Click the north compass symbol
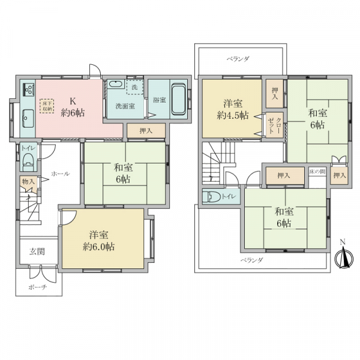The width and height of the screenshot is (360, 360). coord(343,257)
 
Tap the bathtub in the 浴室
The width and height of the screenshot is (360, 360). coord(179,99)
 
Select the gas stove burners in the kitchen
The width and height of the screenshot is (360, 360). coord(28,90)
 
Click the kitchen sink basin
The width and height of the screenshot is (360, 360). coord(28,118)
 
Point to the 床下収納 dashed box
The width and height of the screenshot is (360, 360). coord(47,106)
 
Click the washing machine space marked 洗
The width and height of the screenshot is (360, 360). coord(135,87)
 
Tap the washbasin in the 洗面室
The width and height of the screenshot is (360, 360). coord(116,84)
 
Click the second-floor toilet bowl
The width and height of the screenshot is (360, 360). coord(214,197)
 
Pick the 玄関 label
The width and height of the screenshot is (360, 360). coord(37,252)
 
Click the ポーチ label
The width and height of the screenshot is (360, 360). coord(38,287)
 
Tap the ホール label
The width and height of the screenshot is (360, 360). coord(60,174)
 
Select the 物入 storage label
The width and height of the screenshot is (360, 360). coord(28,182)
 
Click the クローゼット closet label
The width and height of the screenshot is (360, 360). coord(275,125)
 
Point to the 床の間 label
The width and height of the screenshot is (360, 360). coord(317,171)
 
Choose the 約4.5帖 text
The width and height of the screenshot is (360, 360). coord(233,115)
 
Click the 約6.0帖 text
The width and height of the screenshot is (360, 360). coord(99,247)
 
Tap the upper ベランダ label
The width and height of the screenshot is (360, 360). coord(238,59)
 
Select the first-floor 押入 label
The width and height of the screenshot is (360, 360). coord(146,131)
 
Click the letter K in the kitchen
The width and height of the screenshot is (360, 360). coord(73,101)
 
